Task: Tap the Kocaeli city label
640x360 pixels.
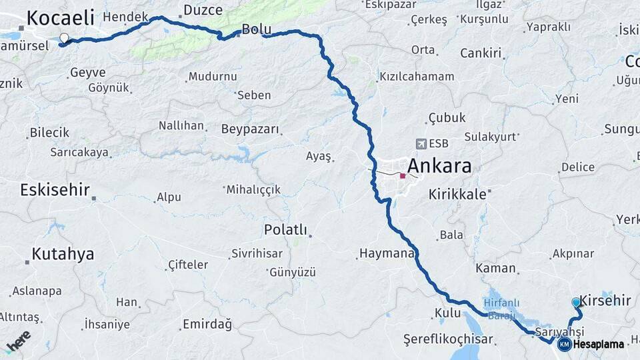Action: (x=60, y=17)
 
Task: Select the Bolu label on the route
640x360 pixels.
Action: (x=257, y=29)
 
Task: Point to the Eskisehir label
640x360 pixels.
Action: (x=55, y=190)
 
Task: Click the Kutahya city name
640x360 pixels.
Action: (x=63, y=254)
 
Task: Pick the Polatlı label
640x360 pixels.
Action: (x=285, y=230)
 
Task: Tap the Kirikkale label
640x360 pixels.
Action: (x=459, y=194)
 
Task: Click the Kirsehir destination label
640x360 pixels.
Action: (x=605, y=301)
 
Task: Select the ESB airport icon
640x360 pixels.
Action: (x=421, y=143)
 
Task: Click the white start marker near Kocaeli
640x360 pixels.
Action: (x=64, y=38)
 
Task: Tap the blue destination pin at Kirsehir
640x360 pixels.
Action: (x=577, y=302)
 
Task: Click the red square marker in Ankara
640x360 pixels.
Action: (x=403, y=176)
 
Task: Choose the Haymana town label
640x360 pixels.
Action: (x=387, y=254)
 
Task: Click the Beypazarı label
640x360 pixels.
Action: (x=250, y=129)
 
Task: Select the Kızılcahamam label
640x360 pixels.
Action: (x=416, y=77)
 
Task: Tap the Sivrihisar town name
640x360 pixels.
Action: (x=258, y=253)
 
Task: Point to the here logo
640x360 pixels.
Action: (x=18, y=340)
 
